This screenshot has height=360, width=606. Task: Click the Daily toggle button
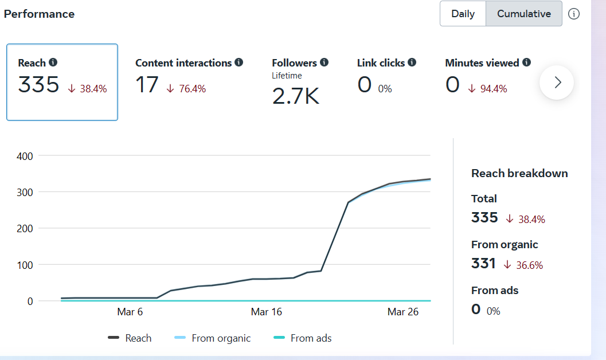(x=463, y=14)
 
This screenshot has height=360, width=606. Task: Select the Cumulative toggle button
(x=524, y=14)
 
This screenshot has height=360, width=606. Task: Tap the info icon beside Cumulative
(x=574, y=14)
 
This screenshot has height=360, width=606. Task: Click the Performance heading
(x=40, y=14)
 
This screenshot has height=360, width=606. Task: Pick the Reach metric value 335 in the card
(x=38, y=85)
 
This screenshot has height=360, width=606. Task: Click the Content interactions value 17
(x=147, y=85)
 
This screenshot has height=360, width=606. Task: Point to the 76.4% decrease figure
(x=192, y=89)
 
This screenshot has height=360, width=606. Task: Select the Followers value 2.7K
(x=295, y=96)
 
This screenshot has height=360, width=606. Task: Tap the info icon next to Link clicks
(x=412, y=62)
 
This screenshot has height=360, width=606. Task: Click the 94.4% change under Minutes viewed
(x=494, y=89)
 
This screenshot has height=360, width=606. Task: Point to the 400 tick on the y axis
(x=25, y=156)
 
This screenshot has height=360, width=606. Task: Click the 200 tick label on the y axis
(x=25, y=228)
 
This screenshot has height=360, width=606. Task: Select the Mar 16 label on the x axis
(x=267, y=312)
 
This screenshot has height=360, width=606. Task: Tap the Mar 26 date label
(x=403, y=312)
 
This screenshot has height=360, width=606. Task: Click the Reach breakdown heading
(x=519, y=173)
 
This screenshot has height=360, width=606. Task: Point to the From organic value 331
(x=483, y=264)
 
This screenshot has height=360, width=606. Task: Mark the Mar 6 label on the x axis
(x=130, y=312)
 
